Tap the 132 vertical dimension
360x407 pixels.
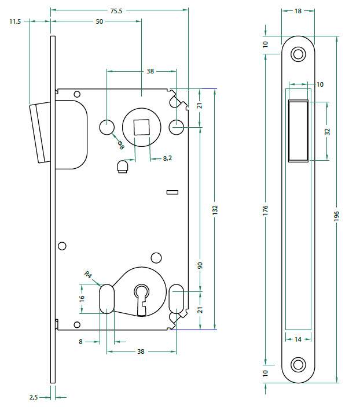(x=215, y=209)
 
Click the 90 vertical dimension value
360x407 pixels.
(x=200, y=265)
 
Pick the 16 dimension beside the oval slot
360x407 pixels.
(x=82, y=299)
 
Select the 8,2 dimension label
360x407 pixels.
(x=167, y=157)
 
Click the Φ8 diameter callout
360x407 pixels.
(x=121, y=145)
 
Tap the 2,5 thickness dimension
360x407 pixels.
(x=34, y=397)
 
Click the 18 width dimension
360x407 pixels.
(x=298, y=10)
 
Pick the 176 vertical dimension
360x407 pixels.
(x=266, y=209)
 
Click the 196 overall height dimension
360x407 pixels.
(x=336, y=215)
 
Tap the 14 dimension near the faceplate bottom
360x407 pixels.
(x=298, y=339)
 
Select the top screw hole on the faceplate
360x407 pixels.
(x=298, y=54)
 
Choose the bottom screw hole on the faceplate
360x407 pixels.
(x=298, y=365)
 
